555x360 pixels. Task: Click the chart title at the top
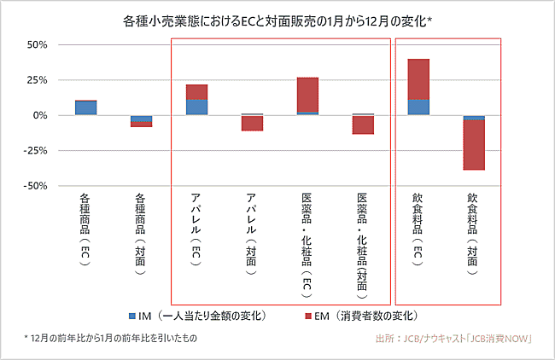[x=277, y=18]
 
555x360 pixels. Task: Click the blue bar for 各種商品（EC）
[x=85, y=107]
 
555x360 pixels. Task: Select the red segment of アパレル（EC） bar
[x=196, y=91]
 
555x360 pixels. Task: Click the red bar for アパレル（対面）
[x=252, y=123]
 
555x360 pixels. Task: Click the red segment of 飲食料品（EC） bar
[x=418, y=78]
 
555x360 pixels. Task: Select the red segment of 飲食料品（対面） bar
[x=474, y=145]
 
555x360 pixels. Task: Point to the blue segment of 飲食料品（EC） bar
[x=418, y=107]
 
